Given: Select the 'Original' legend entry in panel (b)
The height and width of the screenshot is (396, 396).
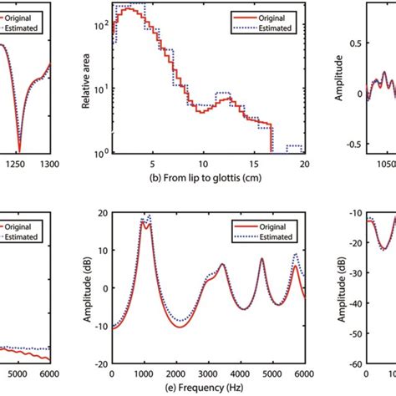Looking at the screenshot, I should pyautogui.click(x=274, y=18).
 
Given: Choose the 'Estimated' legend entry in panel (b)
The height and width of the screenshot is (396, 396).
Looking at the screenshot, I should pyautogui.click(x=277, y=28).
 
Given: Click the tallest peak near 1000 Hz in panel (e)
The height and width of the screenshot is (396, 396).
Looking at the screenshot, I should pyautogui.click(x=149, y=216).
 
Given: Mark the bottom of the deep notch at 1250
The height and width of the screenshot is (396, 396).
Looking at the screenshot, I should pyautogui.click(x=19, y=150).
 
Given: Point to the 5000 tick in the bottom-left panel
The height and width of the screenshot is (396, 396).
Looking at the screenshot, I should pyautogui.click(x=13, y=373).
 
